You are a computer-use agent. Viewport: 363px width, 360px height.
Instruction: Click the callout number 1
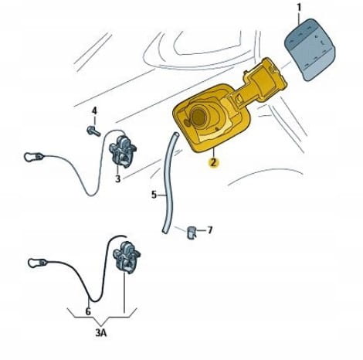point(299,8)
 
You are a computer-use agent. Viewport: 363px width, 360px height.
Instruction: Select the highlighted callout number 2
point(214,163)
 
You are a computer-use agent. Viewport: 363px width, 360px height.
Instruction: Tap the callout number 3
point(117,178)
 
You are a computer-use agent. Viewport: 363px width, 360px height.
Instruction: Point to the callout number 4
point(94,111)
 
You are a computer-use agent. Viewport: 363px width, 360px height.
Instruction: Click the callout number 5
point(154,195)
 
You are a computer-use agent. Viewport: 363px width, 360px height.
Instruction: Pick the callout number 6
point(88,311)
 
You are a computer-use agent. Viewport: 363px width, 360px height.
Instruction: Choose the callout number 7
point(210,230)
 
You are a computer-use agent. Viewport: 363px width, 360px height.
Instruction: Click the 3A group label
point(101,333)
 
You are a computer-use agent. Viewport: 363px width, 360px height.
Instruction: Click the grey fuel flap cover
point(310,49)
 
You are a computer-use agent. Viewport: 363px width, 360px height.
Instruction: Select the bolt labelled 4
point(93,131)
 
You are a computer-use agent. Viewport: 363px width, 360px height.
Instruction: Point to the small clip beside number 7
point(191,233)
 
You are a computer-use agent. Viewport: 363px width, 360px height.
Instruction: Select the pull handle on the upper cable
point(33,157)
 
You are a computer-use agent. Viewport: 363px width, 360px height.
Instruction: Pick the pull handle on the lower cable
point(38,263)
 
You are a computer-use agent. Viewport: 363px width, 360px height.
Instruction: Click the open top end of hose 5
point(175,134)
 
